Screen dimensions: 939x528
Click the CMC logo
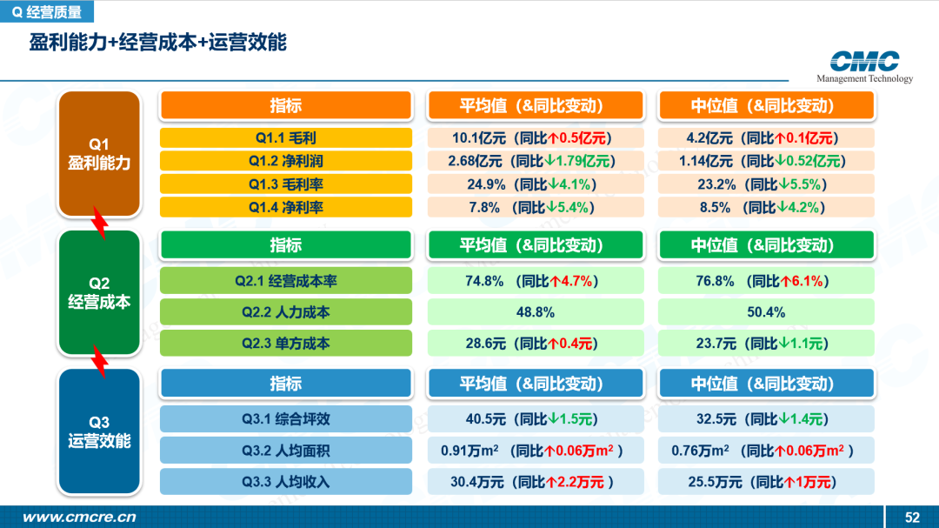[864, 66]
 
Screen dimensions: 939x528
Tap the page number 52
[912, 518]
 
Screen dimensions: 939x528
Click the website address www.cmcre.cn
[79, 517]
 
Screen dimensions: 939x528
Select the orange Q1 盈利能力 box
[99, 153]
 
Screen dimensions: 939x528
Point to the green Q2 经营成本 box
[99, 292]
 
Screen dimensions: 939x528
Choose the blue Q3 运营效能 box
[99, 431]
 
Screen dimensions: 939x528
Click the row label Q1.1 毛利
[286, 137]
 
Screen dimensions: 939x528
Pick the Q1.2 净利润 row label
[286, 161]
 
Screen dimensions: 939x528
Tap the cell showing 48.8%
[536, 312]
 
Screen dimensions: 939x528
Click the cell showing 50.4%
[766, 312]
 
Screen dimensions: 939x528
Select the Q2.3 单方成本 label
[286, 344]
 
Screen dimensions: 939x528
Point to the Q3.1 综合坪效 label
[286, 419]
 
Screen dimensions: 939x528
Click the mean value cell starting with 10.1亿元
[536, 137]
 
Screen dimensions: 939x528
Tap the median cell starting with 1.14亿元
[766, 161]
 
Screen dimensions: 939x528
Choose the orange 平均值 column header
[536, 106]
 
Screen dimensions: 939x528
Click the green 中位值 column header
[766, 245]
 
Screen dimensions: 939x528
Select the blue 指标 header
[286, 384]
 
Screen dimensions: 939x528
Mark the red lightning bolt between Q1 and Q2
[100, 223]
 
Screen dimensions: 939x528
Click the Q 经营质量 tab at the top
[47, 11]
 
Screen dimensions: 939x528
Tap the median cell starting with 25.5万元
[766, 482]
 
